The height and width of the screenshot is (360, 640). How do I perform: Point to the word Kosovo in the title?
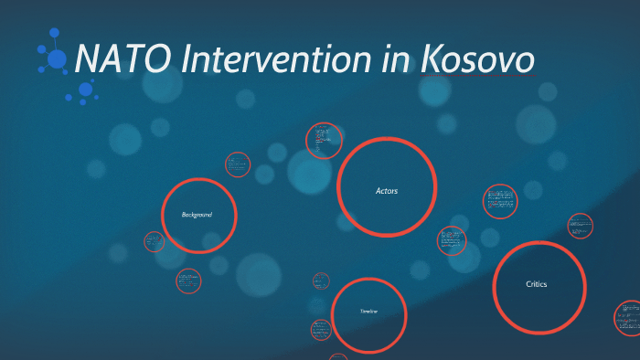pyautogui.click(x=476, y=60)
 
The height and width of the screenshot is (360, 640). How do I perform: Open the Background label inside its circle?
pyautogui.click(x=197, y=215)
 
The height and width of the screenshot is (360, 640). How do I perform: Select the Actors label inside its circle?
pyautogui.click(x=387, y=191)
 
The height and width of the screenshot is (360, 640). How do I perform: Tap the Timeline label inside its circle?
pyautogui.click(x=368, y=312)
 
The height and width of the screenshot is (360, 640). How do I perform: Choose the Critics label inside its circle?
pyautogui.click(x=537, y=285)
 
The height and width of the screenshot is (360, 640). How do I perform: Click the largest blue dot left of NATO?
pyautogui.click(x=58, y=59)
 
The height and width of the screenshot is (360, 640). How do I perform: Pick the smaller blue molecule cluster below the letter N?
pyautogui.click(x=84, y=90)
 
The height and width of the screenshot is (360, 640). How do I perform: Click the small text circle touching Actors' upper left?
pyautogui.click(x=324, y=141)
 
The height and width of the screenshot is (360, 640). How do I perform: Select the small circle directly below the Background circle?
pyautogui.click(x=188, y=281)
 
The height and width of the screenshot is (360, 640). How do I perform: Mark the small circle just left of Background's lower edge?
pyautogui.click(x=155, y=242)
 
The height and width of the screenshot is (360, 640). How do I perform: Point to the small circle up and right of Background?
pyautogui.click(x=237, y=164)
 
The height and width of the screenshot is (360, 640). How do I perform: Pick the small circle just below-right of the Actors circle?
pyautogui.click(x=451, y=240)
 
